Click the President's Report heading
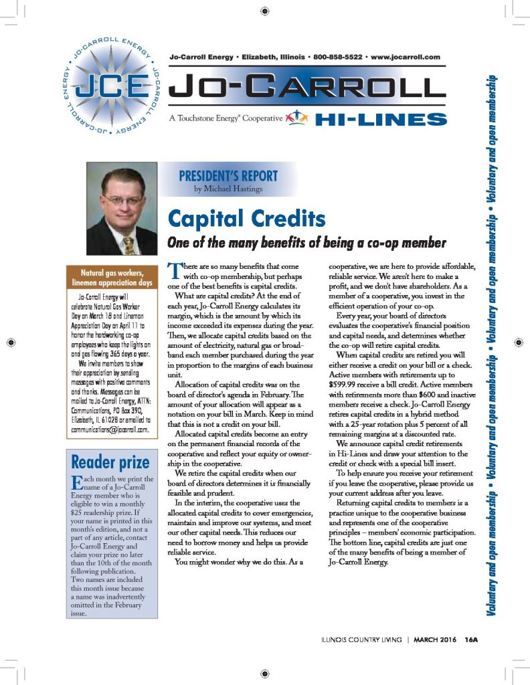click(x=228, y=177)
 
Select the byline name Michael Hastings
click(x=233, y=189)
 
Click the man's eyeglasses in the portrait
click(x=123, y=200)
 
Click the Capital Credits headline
click(x=248, y=219)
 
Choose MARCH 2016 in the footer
click(x=435, y=640)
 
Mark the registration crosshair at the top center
click(x=265, y=11)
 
